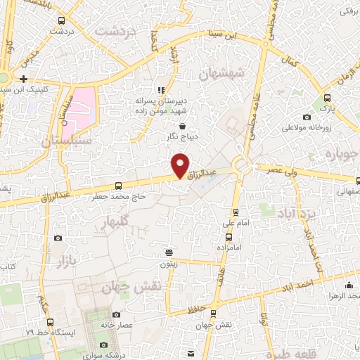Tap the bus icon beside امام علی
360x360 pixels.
point(236,212)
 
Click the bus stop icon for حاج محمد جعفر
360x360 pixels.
point(118,186)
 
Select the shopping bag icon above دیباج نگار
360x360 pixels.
point(183,127)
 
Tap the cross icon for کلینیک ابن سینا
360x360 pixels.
point(24,78)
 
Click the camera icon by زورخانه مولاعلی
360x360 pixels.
point(307,117)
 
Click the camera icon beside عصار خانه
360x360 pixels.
point(116,314)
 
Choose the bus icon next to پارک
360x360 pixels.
point(327,98)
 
